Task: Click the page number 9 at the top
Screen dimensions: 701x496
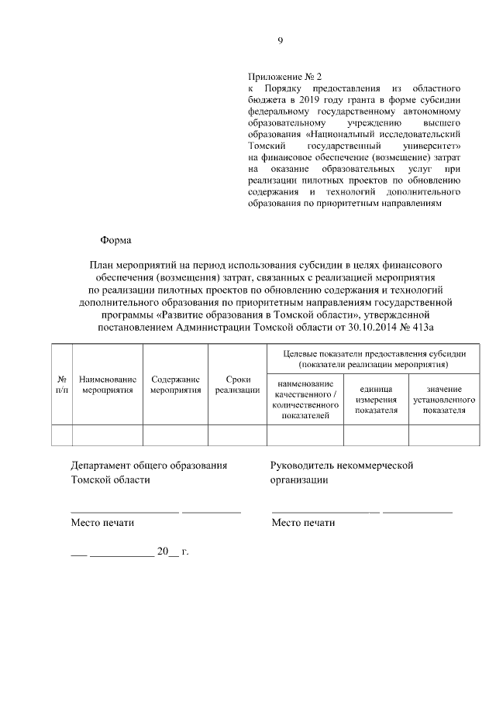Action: click(x=281, y=41)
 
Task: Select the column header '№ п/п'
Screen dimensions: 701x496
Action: click(x=61, y=384)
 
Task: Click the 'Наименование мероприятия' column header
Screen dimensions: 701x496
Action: click(x=108, y=384)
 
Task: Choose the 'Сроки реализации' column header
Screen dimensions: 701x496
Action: click(x=237, y=384)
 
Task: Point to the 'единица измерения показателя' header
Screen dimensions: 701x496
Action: click(x=376, y=399)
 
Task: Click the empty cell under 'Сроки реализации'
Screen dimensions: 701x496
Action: click(x=237, y=435)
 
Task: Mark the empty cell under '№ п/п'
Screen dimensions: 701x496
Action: click(x=61, y=435)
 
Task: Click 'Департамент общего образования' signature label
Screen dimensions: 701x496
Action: click(x=149, y=466)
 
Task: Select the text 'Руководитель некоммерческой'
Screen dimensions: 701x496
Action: click(x=342, y=466)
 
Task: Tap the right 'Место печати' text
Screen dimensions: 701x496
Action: click(x=303, y=523)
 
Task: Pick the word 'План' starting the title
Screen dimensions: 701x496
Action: click(x=102, y=265)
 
